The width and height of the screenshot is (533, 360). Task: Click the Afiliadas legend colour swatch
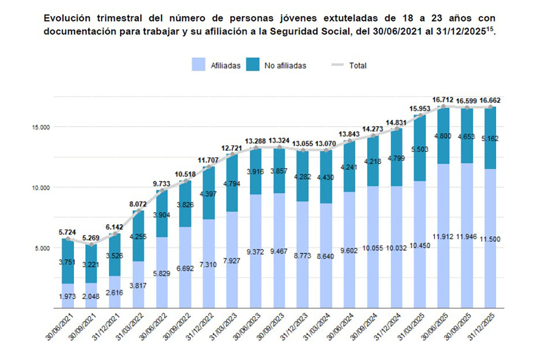point(199,65)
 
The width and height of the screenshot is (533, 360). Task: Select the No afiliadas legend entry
point(285,66)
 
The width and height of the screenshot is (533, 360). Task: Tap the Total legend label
point(358,66)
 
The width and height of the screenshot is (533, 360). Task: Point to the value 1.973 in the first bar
point(68,296)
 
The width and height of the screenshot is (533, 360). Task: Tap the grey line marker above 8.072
point(139,211)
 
